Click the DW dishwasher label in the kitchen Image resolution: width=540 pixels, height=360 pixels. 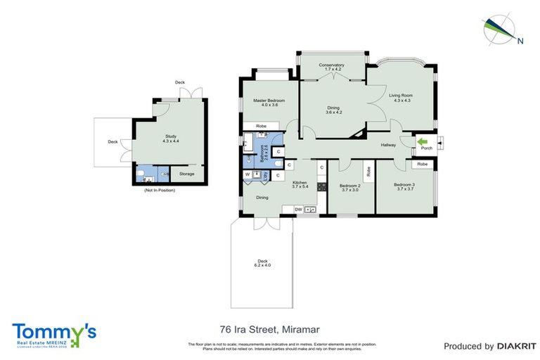[298, 209]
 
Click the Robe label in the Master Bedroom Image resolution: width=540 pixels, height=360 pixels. [260, 127]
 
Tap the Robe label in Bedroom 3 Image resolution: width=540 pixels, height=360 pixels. [422, 164]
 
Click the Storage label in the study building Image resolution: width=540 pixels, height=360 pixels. [186, 174]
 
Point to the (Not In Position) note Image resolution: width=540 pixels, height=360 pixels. [160, 191]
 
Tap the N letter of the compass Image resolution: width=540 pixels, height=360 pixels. [520, 41]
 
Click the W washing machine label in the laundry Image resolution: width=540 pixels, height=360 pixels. [247, 174]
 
